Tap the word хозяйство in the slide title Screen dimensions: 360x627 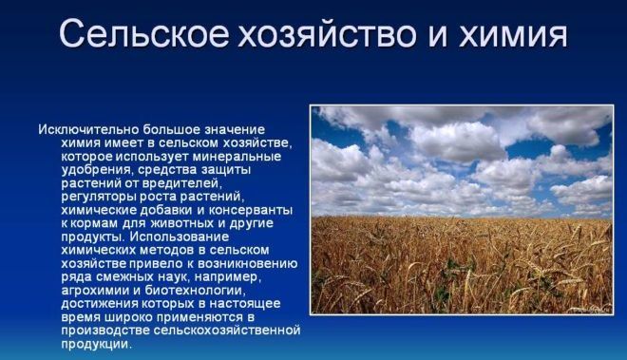click(x=319, y=34)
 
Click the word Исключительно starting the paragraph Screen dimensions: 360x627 click(x=85, y=128)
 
